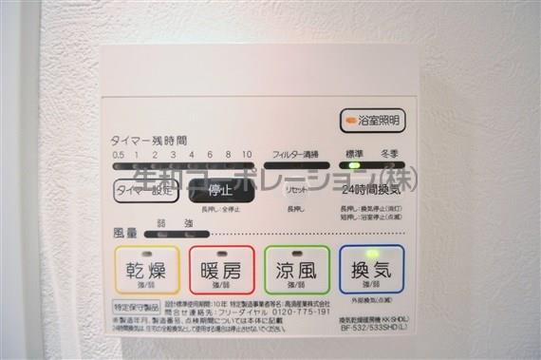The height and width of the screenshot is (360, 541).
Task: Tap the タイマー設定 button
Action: pyautogui.click(x=145, y=190)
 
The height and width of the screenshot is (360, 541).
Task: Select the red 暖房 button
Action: pyautogui.click(x=221, y=270)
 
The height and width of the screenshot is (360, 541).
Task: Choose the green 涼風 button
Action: pyautogui.click(x=297, y=270)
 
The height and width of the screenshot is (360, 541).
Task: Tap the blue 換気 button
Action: pyautogui.click(x=371, y=270)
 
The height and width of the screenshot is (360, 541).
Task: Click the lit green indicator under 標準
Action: pyautogui.click(x=354, y=166)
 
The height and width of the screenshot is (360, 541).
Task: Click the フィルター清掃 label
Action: pyautogui.click(x=295, y=153)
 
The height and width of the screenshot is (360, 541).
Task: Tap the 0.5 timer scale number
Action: pyautogui.click(x=118, y=154)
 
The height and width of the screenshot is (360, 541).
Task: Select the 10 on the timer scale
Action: pyautogui.click(x=247, y=154)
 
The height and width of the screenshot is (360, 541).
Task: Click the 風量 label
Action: pyautogui.click(x=125, y=232)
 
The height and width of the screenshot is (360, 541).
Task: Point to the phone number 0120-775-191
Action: pyautogui.click(x=299, y=312)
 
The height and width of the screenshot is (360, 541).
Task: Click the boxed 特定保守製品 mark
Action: pyautogui.click(x=137, y=307)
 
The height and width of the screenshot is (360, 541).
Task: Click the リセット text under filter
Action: pyautogui.click(x=295, y=190)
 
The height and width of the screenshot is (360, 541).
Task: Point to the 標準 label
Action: pyautogui.click(x=354, y=153)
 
